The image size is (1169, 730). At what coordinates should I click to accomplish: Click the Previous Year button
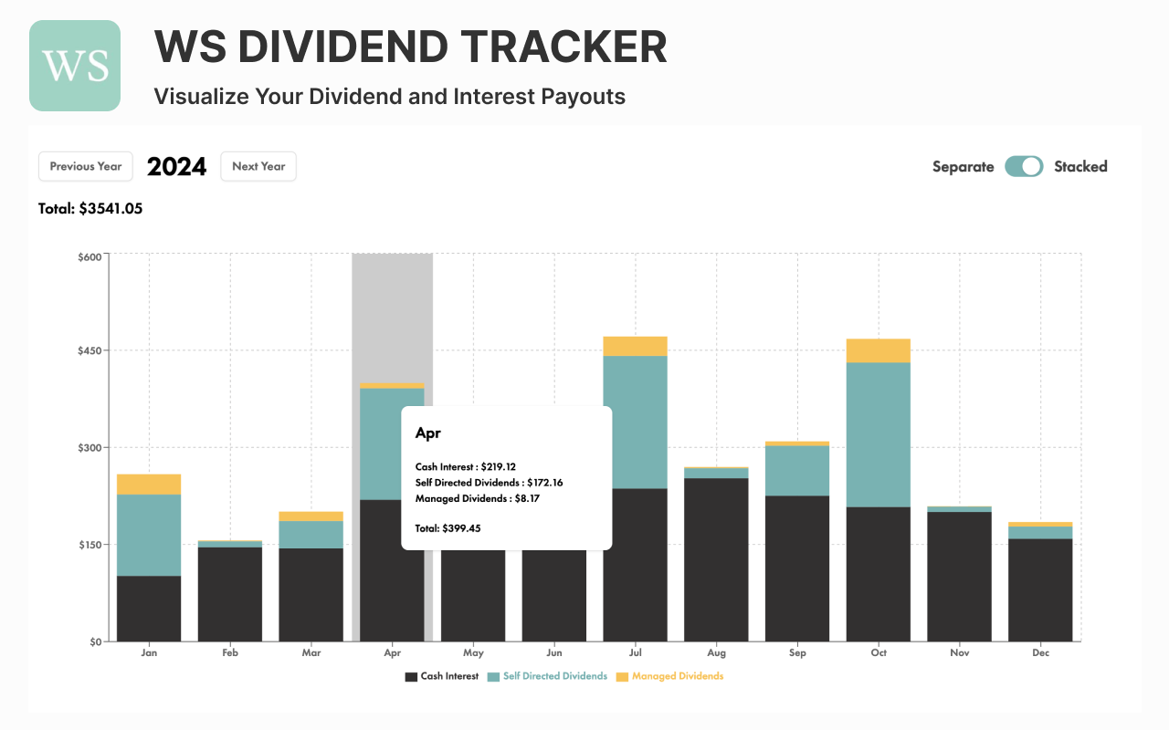pos(86,166)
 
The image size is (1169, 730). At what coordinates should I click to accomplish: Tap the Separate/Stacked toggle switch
pos(1024,166)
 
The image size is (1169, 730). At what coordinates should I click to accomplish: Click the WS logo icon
pos(75,66)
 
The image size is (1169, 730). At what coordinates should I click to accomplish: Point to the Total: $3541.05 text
pos(90,208)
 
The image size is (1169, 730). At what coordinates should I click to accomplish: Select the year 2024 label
pos(176,166)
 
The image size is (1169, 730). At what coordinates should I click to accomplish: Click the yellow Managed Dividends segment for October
pos(878,350)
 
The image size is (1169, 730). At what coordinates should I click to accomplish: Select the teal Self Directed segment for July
pos(635,422)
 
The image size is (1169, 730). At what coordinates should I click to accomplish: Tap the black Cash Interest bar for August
pos(716,559)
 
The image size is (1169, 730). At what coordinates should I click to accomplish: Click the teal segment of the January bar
pos(149,535)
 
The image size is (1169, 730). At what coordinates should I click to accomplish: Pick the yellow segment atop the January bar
pos(149,484)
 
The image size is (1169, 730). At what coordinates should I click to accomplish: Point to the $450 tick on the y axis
pos(90,350)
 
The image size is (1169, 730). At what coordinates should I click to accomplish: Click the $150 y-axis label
pos(90,545)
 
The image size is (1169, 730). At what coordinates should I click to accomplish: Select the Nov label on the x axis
pos(959,653)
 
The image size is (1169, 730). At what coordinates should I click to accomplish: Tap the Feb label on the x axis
pos(230,653)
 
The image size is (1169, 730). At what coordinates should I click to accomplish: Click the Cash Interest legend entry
pos(441,676)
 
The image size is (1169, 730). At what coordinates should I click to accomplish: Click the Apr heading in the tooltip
pos(427,433)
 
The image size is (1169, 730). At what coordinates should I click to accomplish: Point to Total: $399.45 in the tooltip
pos(448,528)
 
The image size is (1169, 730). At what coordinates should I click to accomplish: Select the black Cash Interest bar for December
pos(1040,589)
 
